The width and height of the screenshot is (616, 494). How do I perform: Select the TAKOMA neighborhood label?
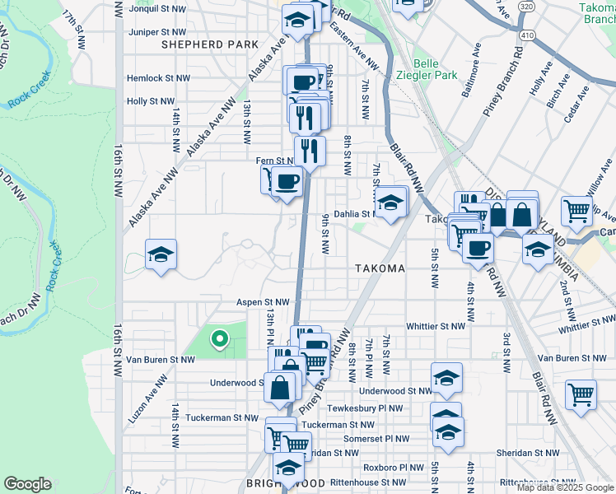coord(380,269)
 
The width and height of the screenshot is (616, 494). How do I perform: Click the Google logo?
coord(27,484)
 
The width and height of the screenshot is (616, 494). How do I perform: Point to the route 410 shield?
coord(528,35)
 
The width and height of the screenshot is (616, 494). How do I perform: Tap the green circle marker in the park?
coord(219,338)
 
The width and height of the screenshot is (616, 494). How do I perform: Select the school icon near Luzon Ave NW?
coord(161,254)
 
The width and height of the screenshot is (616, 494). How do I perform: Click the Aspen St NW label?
coord(264,303)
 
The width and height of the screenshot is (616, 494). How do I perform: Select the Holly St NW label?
coord(151,101)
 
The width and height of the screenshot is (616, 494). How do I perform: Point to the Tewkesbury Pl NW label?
coord(365,408)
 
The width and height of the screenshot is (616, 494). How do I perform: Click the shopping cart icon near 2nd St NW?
coord(581,394)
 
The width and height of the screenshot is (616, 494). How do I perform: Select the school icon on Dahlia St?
coord(391,201)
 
